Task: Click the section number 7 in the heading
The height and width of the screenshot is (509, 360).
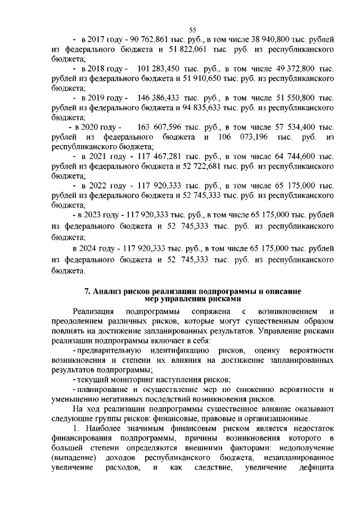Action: pos(86,291)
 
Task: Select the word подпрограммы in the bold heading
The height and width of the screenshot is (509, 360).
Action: pos(217,291)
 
